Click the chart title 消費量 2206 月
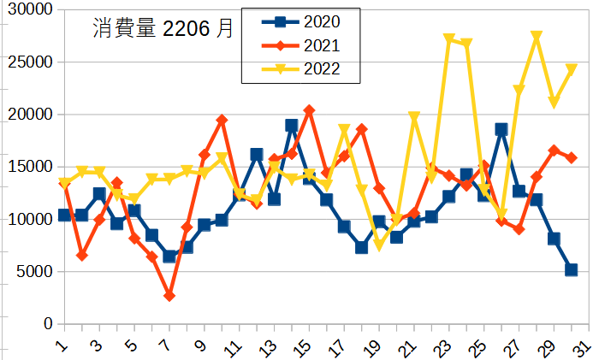pyautogui.click(x=163, y=28)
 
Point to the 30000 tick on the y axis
pyautogui.click(x=31, y=9)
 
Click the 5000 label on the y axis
pyautogui.click(x=35, y=272)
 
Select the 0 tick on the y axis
pyautogui.click(x=49, y=324)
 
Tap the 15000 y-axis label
pyautogui.click(x=31, y=167)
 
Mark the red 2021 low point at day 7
pyautogui.click(x=169, y=296)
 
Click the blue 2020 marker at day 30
pyautogui.click(x=572, y=270)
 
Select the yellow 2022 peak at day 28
pyautogui.click(x=537, y=37)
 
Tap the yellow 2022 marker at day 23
pyautogui.click(x=449, y=39)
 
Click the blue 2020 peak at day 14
pyautogui.click(x=292, y=126)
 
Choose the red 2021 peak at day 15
pyautogui.click(x=309, y=110)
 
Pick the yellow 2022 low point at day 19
pyautogui.click(x=379, y=245)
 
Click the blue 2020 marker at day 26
pyautogui.click(x=501, y=129)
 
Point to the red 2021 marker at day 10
pyautogui.click(x=222, y=121)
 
